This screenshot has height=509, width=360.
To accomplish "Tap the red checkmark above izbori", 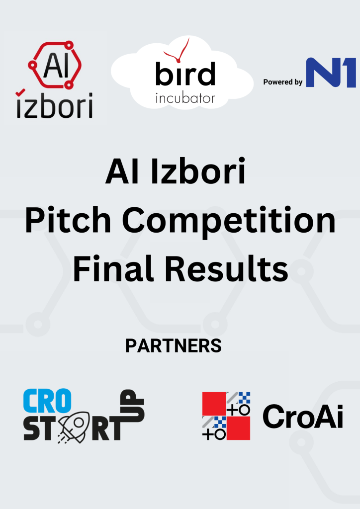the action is pos(20,92).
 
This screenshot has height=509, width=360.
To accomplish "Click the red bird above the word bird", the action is pos(178,51).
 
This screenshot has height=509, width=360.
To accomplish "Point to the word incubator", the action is pos(185,98).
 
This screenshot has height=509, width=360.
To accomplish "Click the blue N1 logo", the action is pos(331,73).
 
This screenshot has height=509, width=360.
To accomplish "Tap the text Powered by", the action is pos(283,82).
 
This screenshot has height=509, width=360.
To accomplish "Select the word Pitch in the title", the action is pos(68,220).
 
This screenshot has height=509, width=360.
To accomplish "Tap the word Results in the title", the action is pos(227,269).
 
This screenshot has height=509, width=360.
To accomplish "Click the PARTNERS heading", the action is pos(174,346).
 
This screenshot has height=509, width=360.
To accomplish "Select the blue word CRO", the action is pos(47,401).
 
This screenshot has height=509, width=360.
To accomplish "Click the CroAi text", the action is pos(303,417).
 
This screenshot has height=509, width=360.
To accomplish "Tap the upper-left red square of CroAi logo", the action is pos(214,404).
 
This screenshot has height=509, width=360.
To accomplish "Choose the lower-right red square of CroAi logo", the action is pos(238,428).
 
